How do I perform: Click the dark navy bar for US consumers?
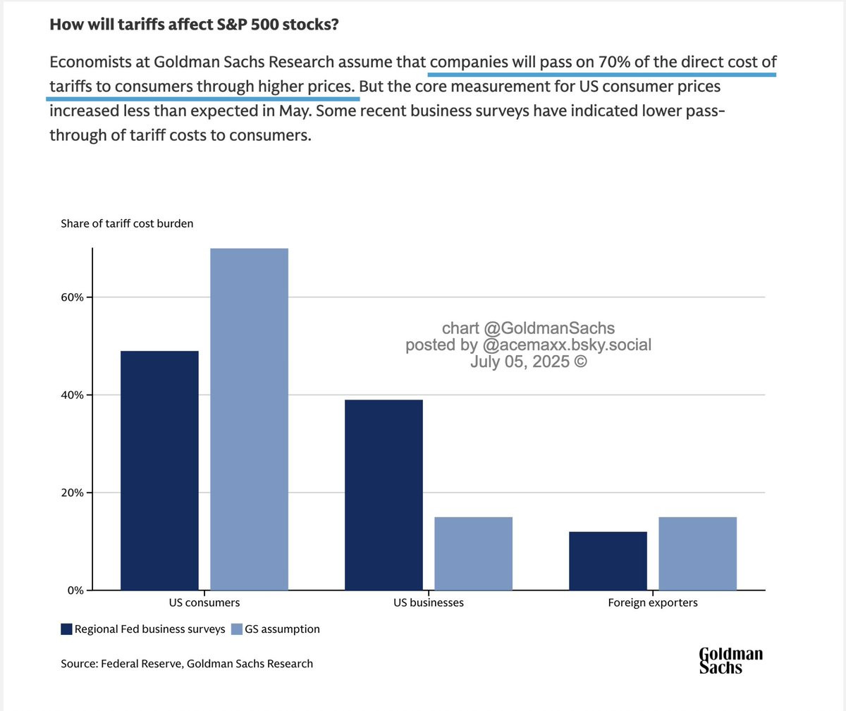(159, 471)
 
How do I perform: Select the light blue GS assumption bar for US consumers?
(249, 419)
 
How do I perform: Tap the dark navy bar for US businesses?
(384, 495)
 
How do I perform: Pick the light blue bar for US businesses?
(473, 553)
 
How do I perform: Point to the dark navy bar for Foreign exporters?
(608, 561)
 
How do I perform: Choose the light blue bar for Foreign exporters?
(698, 553)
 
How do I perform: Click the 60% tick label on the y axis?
(72, 297)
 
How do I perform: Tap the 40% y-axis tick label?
(72, 395)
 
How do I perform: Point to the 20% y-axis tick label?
(72, 493)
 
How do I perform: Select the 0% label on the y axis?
(75, 591)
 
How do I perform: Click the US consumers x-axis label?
(204, 602)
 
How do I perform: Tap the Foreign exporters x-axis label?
(653, 603)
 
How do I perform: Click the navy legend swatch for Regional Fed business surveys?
(66, 629)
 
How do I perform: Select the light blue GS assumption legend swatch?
(237, 629)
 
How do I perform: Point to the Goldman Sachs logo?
(731, 660)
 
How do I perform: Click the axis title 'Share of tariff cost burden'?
(127, 223)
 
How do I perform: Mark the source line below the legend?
(187, 664)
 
